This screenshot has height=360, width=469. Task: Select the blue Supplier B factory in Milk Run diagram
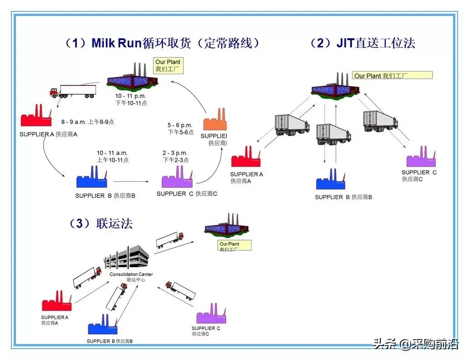pos(92,178)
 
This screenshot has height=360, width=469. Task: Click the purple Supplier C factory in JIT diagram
pos(421,157)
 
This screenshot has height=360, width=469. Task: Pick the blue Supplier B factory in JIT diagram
pos(331,180)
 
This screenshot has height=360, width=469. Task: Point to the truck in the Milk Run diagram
pos(73,91)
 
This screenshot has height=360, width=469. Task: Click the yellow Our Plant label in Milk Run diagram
pos(168,66)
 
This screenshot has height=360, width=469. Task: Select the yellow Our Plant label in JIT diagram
pos(392,76)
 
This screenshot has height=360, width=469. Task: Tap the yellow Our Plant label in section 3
pos(234,246)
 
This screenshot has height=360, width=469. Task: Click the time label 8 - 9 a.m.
pos(87,122)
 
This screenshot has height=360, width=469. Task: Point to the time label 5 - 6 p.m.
pos(180,129)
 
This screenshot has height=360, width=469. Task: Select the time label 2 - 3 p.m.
pos(175,156)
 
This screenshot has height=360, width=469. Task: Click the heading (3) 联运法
pos(101,223)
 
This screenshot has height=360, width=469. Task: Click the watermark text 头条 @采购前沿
pos(415,344)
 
